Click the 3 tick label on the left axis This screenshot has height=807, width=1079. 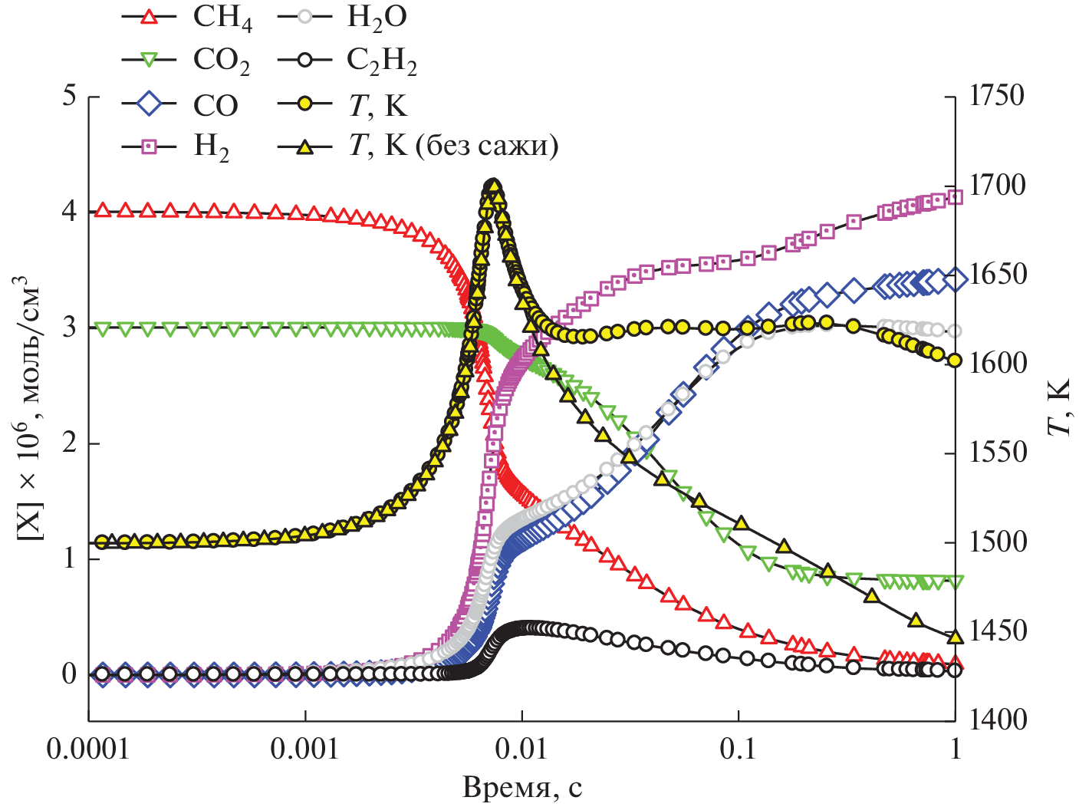click(x=70, y=328)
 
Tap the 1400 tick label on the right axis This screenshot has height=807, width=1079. click(x=996, y=720)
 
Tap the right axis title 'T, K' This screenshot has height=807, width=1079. click(x=1059, y=407)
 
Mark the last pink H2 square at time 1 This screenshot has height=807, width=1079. click(x=955, y=197)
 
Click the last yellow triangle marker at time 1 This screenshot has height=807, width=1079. click(x=955, y=637)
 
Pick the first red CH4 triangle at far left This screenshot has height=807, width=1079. click(x=101, y=210)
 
